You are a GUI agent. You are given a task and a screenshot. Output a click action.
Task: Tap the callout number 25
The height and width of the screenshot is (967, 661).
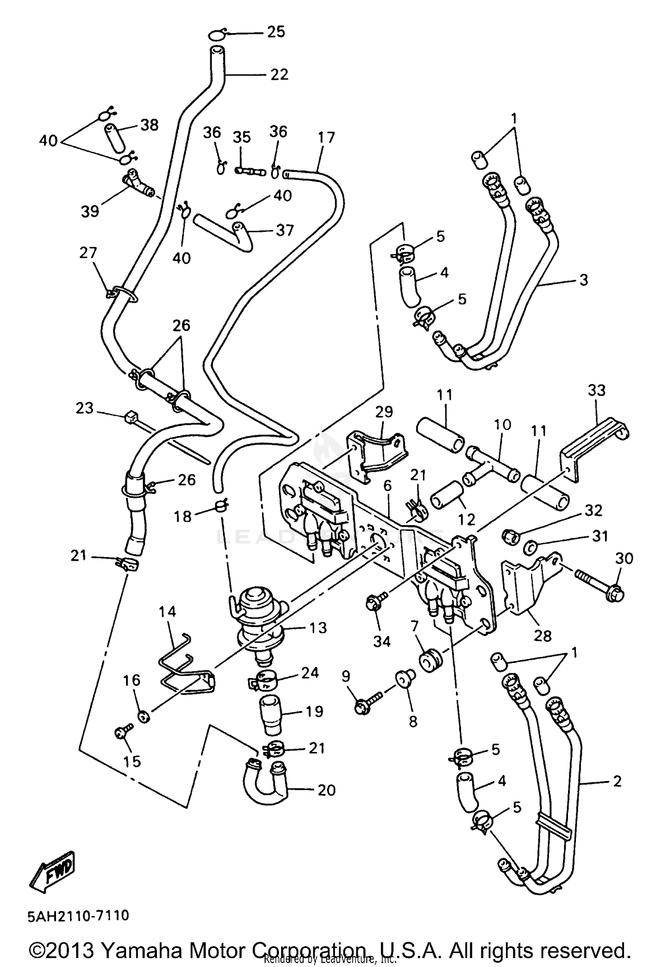click(276, 32)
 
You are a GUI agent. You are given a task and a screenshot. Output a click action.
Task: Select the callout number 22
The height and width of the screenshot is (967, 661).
click(279, 74)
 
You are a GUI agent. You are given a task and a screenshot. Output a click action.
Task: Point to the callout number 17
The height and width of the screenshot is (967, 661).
click(326, 137)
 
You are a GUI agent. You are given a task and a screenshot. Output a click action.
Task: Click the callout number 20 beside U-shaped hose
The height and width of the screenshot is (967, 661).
click(326, 790)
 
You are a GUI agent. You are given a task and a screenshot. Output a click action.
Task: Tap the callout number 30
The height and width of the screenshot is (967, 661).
click(624, 558)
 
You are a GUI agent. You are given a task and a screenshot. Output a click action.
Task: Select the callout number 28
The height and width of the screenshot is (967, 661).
click(542, 636)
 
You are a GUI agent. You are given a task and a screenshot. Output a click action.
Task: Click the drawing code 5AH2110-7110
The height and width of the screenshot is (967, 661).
click(78, 916)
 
